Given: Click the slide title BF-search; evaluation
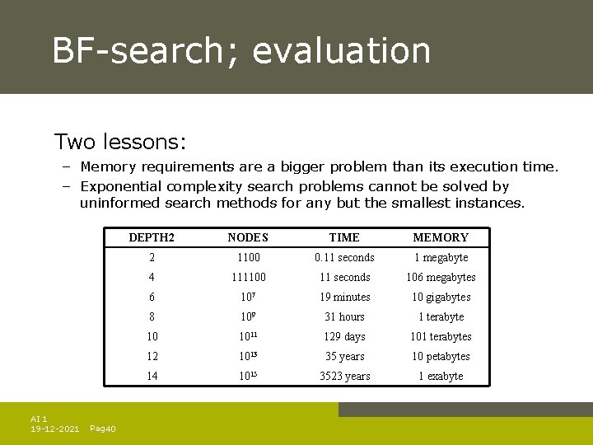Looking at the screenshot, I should click(x=241, y=50).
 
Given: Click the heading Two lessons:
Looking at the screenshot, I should click(x=120, y=142).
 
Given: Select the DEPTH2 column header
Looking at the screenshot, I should click(x=152, y=237).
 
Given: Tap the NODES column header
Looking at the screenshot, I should click(x=248, y=237).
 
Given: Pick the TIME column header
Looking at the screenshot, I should click(x=344, y=237).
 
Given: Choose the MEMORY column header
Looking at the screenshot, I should click(x=441, y=237).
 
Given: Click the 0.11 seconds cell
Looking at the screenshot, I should click(x=344, y=257).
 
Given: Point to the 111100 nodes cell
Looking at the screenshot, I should click(x=248, y=277).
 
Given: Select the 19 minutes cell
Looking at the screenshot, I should click(x=344, y=297).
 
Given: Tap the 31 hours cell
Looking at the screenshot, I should click(x=344, y=316).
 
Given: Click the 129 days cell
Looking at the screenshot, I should click(x=344, y=336).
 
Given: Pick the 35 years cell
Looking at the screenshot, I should click(x=344, y=356).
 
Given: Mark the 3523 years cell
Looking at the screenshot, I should click(x=344, y=376).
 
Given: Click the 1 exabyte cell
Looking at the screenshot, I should click(x=441, y=376).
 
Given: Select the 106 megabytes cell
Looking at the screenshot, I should click(x=441, y=277).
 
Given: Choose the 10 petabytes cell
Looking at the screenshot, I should click(x=441, y=356).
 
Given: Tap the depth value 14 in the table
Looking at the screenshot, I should click(x=152, y=376).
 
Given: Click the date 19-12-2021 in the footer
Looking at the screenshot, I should click(x=54, y=429).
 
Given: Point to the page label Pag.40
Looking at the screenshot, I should click(x=102, y=429).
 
